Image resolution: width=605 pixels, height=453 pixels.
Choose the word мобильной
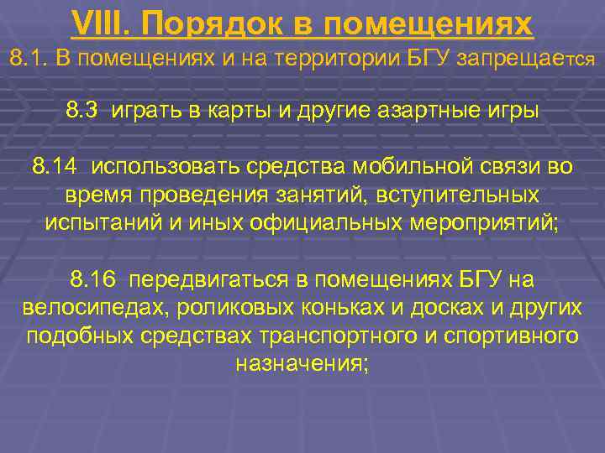click(403, 166)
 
